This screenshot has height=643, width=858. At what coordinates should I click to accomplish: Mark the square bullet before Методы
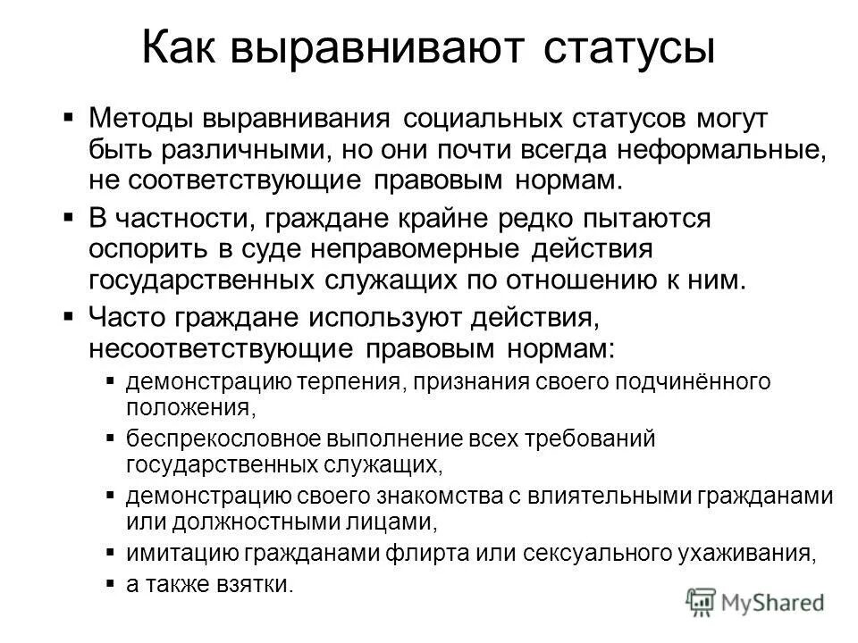tap(71, 116)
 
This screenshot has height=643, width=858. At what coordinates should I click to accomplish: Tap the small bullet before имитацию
tap(110, 551)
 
